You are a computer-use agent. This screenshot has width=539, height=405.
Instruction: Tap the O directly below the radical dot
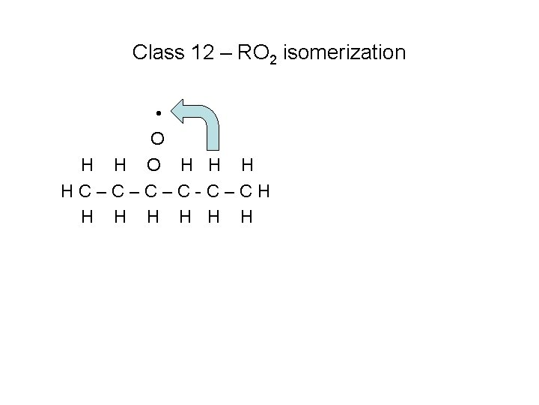tap(157, 139)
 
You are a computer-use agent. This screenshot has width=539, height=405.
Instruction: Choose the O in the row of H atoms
tap(153, 164)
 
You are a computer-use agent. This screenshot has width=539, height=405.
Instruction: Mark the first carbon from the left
tap(82, 190)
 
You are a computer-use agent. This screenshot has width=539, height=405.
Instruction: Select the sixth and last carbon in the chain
tap(247, 190)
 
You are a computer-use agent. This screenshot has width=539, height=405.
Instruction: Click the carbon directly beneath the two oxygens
tap(153, 190)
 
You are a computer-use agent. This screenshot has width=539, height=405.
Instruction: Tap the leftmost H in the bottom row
tap(88, 217)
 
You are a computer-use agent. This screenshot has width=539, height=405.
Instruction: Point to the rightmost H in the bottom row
tap(247, 217)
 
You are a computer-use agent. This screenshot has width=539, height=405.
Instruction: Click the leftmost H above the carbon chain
tap(88, 164)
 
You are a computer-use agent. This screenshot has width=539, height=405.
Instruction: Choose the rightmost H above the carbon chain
tap(247, 164)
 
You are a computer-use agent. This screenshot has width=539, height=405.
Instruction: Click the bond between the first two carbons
tap(100, 190)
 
